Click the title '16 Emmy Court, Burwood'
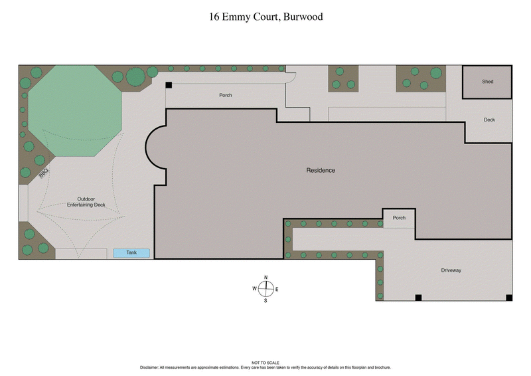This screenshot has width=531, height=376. tap(265, 17)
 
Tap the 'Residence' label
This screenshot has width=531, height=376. tap(321, 171)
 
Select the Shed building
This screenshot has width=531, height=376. tap(487, 82)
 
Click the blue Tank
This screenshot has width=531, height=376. tap(131, 253)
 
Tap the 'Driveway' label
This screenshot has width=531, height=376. tap(451, 270)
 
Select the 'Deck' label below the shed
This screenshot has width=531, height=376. tap(489, 120)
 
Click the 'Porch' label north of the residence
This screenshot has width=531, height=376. tap(226, 95)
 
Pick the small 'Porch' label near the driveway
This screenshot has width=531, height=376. tap(399, 218)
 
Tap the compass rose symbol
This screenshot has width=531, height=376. tap(265, 288)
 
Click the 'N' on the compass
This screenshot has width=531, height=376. tap(265, 277)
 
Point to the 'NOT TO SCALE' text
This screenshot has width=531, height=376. tap(265, 363)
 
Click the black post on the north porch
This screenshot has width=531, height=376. tap(169, 85)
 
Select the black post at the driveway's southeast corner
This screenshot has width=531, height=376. tap(509, 297)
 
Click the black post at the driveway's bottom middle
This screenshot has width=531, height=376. tap(418, 297)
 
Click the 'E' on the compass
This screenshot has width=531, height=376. tap(277, 289)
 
